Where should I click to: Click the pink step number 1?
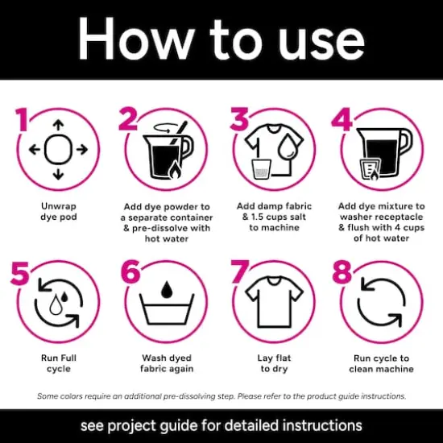click(22, 119)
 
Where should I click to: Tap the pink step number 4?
click(342, 119)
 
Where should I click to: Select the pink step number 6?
click(130, 271)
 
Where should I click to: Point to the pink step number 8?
click(342, 271)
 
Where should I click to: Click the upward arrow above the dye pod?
click(59, 125)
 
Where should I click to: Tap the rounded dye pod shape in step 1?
click(58, 150)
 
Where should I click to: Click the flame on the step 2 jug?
click(174, 171)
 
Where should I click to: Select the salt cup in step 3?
click(262, 169)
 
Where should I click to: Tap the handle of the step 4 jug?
click(407, 142)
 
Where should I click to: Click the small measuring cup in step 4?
click(371, 169)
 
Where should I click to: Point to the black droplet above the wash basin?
click(167, 290)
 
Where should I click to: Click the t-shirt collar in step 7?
click(274, 280)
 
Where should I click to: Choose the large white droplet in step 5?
click(56, 304)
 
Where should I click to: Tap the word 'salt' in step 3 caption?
click(296, 217)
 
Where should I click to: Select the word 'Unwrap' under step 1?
click(59, 206)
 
